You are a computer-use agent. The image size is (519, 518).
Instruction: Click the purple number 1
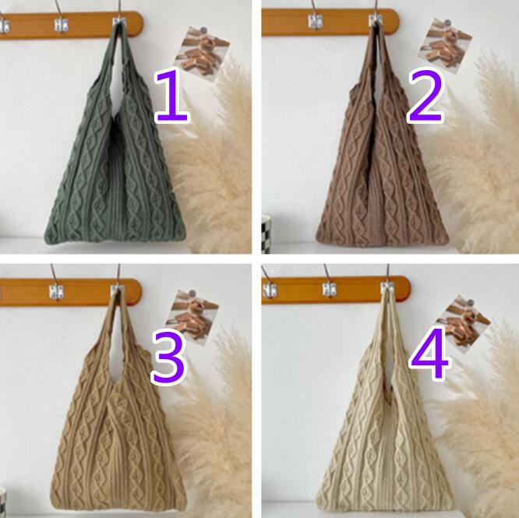click(x=172, y=95)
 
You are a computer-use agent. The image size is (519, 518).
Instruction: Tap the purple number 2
click(x=425, y=95)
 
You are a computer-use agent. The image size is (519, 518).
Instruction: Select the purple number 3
click(x=169, y=358)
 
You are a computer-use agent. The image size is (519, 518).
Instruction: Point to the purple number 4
click(x=429, y=354)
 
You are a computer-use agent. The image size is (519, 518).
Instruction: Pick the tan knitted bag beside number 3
click(x=117, y=414)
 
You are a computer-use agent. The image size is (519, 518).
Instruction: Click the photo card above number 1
click(x=203, y=53)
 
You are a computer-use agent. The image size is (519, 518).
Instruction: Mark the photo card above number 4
click(x=464, y=325)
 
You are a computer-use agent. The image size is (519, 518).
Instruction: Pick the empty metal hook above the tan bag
click(x=56, y=291)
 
